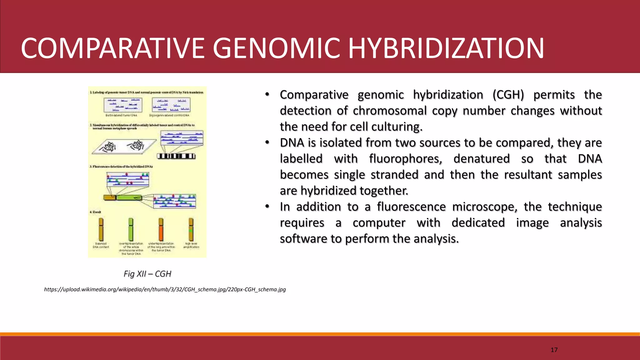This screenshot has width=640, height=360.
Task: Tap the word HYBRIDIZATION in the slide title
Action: tap(446, 48)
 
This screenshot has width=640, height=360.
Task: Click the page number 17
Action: tap(554, 350)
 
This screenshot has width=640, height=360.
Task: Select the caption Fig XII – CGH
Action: tap(147, 274)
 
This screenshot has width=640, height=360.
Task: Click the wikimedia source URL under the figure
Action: tap(165, 289)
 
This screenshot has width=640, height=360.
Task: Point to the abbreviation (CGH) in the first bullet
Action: tap(508, 95)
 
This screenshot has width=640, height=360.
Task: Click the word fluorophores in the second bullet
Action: tap(405, 159)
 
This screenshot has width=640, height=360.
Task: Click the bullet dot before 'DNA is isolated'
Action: tap(267, 143)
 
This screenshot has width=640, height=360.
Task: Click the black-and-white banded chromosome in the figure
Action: tap(176, 156)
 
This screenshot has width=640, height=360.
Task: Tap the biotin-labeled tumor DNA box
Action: tap(123, 105)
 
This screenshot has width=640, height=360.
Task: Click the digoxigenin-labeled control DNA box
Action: tap(171, 105)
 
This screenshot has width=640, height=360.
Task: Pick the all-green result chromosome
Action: tap(131, 230)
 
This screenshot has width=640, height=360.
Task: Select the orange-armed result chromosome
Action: tap(161, 230)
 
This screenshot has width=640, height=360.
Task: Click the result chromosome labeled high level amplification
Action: tap(191, 230)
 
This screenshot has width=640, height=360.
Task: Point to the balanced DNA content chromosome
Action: tap(101, 230)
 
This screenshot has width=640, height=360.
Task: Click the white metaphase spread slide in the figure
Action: tap(124, 146)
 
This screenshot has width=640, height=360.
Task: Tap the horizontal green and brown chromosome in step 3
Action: tap(122, 197)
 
